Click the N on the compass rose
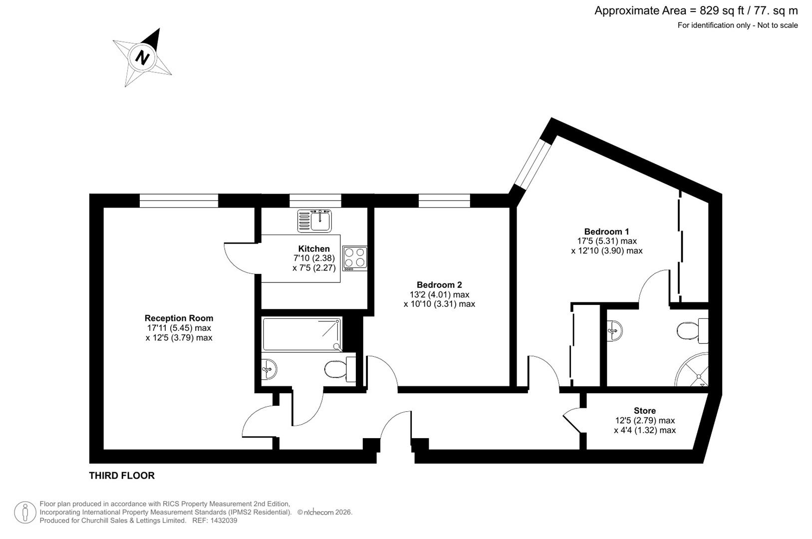pos(143,58)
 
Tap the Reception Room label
pos(179,318)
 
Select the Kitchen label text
pos(314,249)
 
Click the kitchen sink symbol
pos(314,221)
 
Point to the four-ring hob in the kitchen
pos(355,259)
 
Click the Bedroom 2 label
pos(439,285)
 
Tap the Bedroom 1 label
pos(606,232)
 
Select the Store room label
pos(644,411)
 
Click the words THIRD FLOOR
pos(122,476)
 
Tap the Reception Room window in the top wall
pos(179,201)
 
